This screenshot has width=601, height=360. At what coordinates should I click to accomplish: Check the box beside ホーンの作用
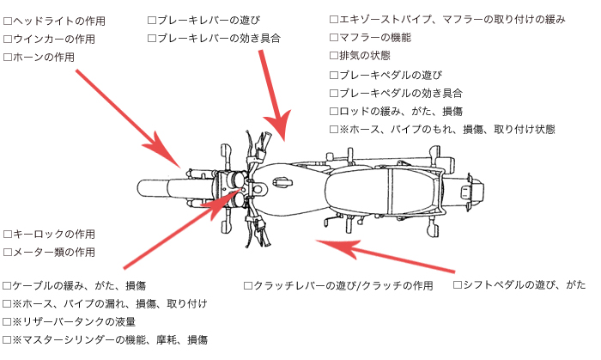click(x=8, y=58)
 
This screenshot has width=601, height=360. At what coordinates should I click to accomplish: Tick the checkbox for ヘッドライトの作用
click(x=8, y=20)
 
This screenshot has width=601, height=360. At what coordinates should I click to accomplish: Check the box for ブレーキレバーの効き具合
click(x=152, y=39)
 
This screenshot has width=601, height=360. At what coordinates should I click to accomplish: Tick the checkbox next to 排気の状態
click(x=334, y=56)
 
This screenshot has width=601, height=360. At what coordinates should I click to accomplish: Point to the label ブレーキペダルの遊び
click(x=395, y=75)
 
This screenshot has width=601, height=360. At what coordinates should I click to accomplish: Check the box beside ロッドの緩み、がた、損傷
click(x=334, y=112)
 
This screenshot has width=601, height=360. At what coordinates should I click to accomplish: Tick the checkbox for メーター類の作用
click(x=8, y=253)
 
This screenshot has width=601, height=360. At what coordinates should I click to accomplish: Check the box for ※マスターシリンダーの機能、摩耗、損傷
click(x=8, y=340)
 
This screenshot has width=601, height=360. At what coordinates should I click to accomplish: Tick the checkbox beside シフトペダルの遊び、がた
click(x=458, y=284)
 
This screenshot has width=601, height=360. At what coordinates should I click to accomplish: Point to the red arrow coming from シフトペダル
click(x=386, y=253)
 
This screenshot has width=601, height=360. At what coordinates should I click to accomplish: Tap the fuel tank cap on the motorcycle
click(x=281, y=180)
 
